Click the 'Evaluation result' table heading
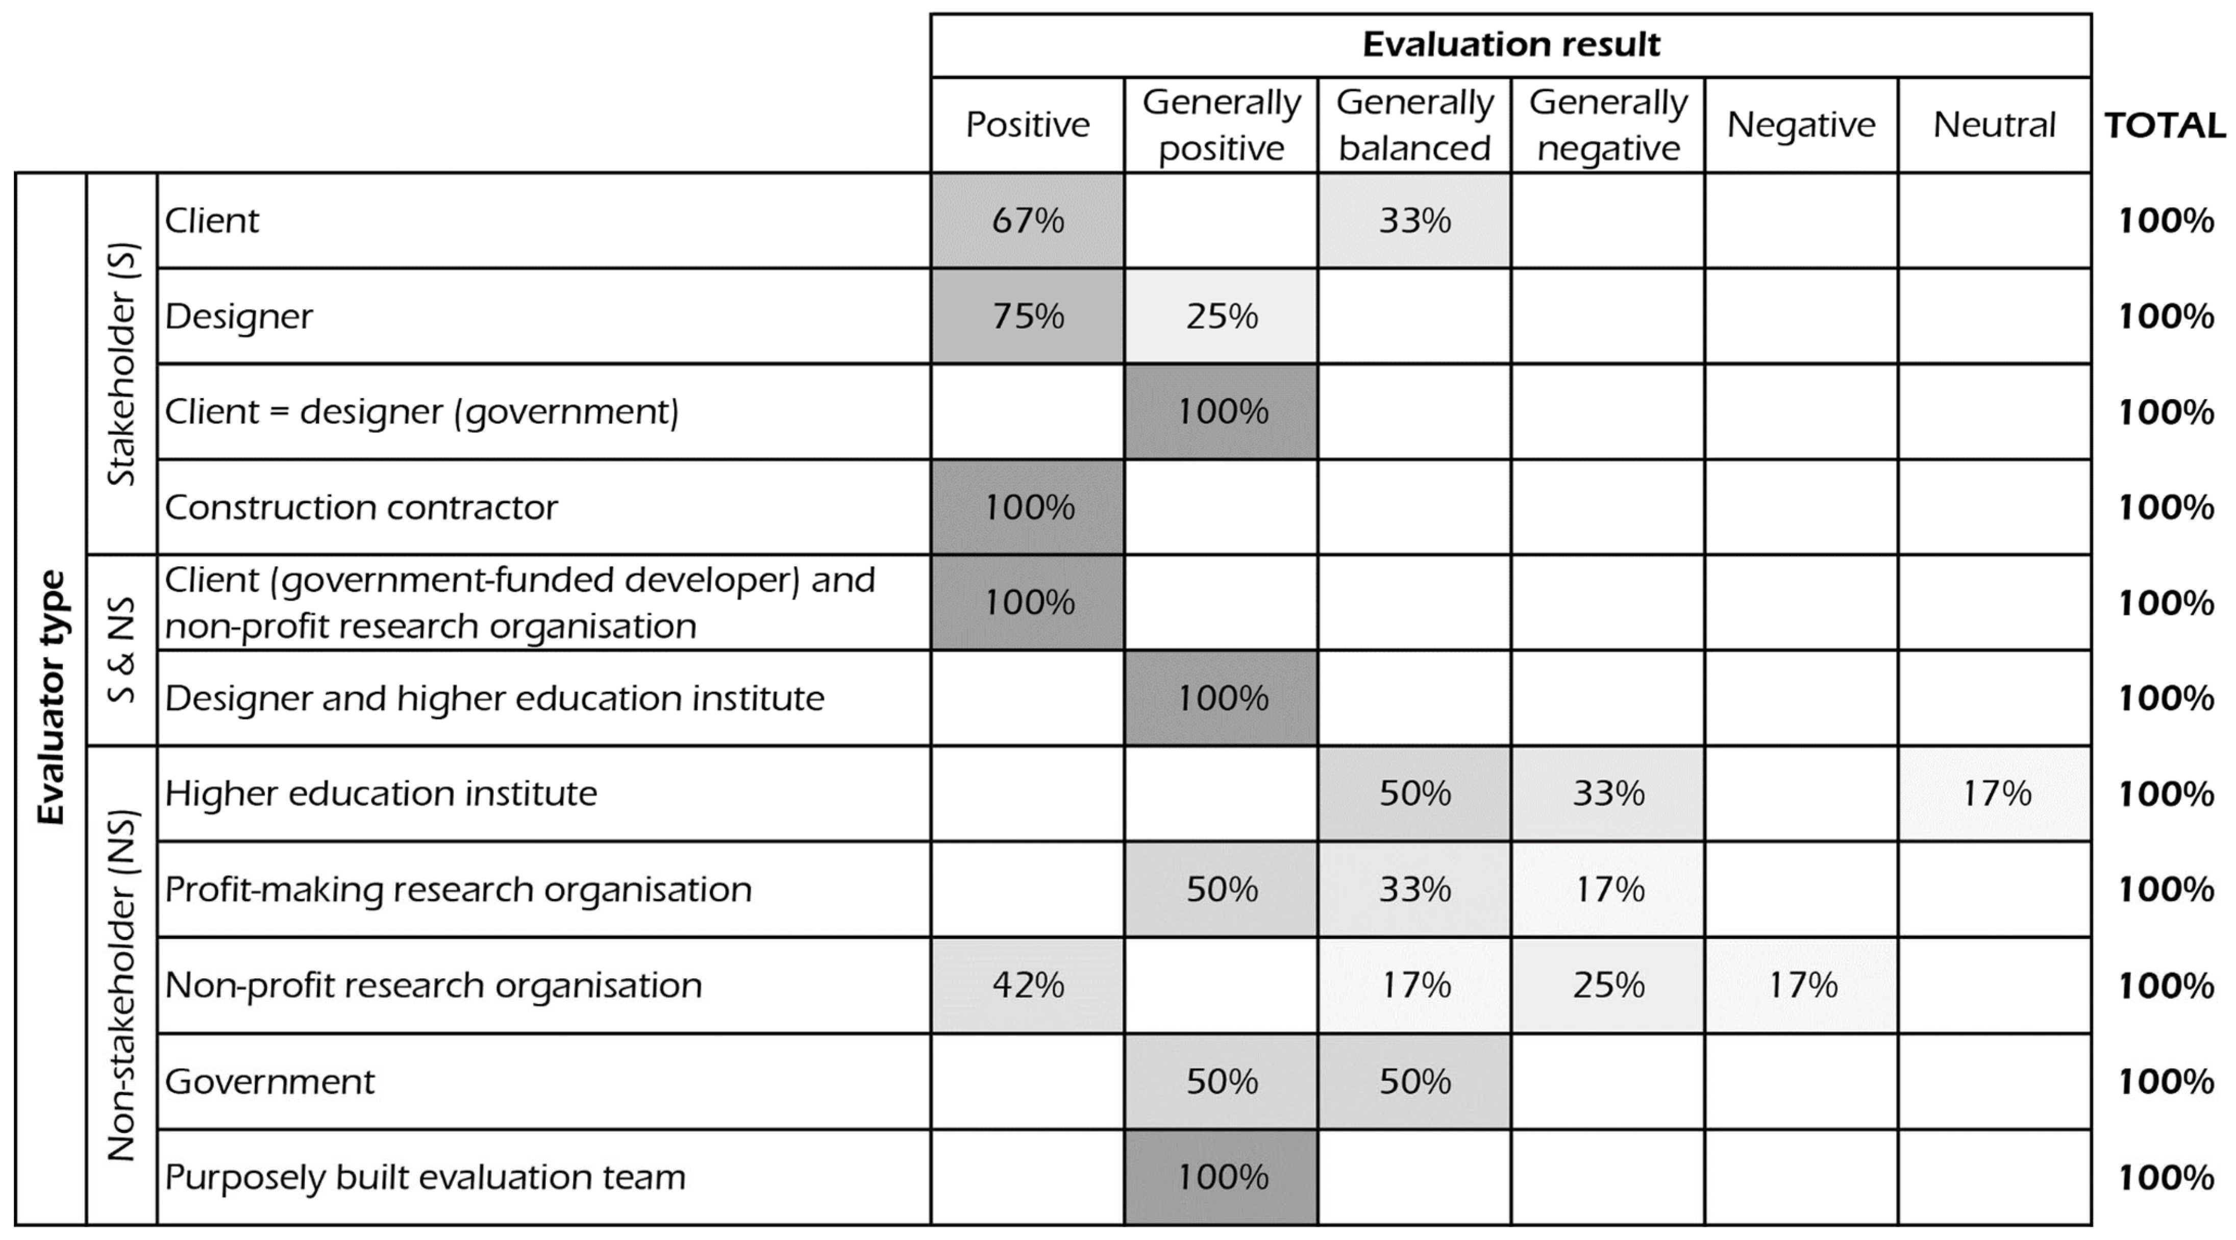pos(1510,44)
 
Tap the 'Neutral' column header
pos(1994,125)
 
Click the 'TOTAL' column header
pos(2164,126)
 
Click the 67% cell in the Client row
pos(1028,220)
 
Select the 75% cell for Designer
pos(1028,316)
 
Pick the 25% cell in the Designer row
pos(1221,316)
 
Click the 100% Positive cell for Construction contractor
pos(1028,507)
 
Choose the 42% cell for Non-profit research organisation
pos(1028,985)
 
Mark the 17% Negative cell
pos(1802,985)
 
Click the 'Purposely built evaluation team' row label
pos(426,1177)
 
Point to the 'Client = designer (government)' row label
pos(422,412)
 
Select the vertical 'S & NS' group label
pos(121,650)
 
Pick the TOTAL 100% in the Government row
pos(2166,1081)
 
